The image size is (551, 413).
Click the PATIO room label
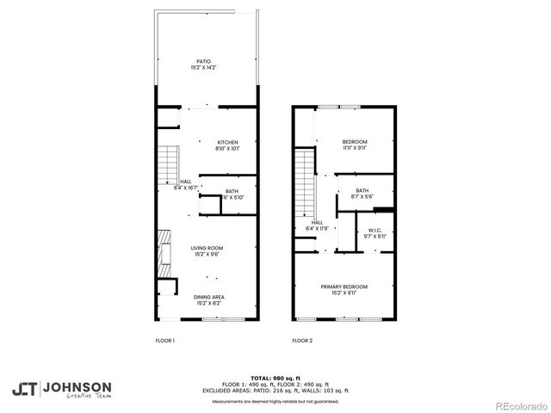(x=204, y=61)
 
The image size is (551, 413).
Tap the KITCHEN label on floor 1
(x=227, y=142)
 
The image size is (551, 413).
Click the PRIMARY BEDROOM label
(x=344, y=286)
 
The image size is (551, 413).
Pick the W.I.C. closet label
(x=375, y=230)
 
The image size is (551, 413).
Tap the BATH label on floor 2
(x=362, y=190)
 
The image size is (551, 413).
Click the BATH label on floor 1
(x=232, y=191)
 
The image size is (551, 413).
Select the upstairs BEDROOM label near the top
(x=355, y=141)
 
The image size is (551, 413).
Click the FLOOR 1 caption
(x=164, y=341)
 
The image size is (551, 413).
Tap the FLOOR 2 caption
(x=301, y=341)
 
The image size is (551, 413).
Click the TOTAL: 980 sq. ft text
(x=275, y=378)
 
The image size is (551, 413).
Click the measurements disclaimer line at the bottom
(x=275, y=402)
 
